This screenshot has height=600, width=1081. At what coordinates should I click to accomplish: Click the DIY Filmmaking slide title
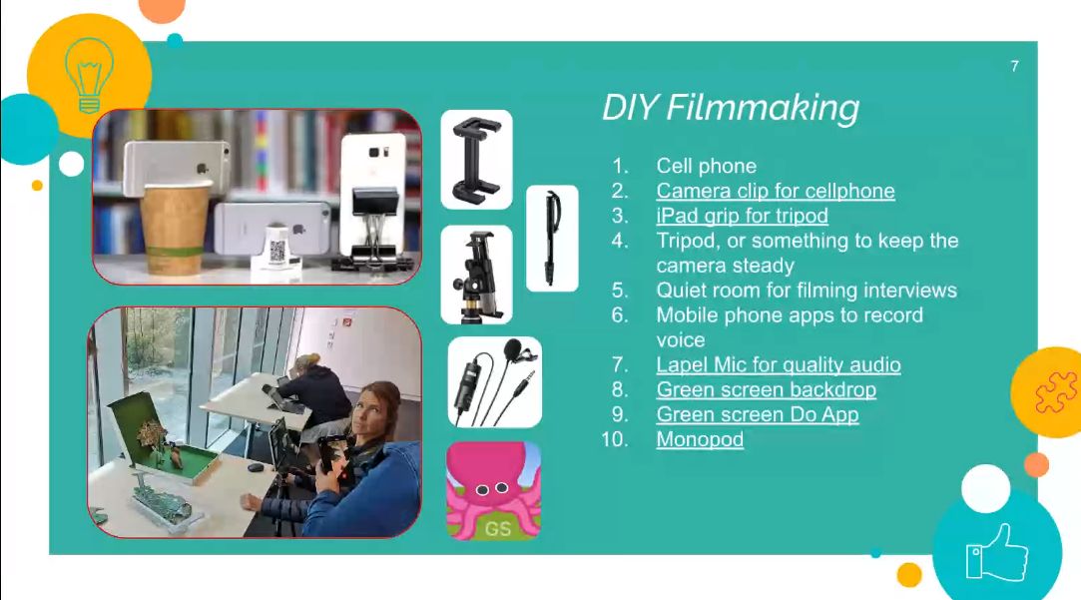pos(731,108)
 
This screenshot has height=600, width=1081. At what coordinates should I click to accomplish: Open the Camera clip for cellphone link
pos(776,191)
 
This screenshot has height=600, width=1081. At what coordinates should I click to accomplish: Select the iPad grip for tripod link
pos(742,216)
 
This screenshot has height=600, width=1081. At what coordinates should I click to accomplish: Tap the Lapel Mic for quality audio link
pos(779,364)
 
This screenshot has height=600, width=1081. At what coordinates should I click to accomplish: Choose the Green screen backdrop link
pos(766,389)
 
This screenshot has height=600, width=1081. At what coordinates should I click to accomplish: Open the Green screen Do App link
pos(758,413)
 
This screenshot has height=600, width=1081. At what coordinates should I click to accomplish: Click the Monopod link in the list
pos(700,438)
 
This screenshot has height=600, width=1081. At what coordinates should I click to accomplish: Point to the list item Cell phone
pos(706,166)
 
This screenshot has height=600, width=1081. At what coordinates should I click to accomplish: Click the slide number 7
pos(1014,66)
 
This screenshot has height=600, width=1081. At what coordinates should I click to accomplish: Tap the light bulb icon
pos(89,75)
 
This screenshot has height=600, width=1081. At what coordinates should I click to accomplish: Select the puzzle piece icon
pos(1055,391)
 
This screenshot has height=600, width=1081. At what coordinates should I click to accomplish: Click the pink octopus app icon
pos(494,490)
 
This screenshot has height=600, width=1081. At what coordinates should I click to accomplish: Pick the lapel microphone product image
pos(494,382)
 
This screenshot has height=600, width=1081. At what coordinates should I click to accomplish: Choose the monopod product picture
pos(552,239)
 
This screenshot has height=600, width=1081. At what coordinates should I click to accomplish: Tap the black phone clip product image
pos(476,160)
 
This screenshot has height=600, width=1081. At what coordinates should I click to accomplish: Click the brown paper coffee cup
pos(175,229)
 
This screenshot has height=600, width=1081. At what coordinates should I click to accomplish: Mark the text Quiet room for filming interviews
pos(807,290)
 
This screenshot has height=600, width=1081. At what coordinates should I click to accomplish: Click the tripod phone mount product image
pos(476,275)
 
